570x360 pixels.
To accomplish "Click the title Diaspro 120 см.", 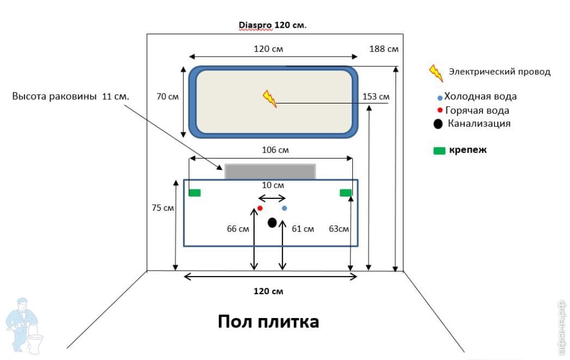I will tap(273, 25).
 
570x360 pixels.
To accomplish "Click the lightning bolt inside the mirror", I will tap(269, 99).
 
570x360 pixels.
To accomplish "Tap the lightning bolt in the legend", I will tap(436, 72).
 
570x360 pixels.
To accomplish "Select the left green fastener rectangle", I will tap(195, 192).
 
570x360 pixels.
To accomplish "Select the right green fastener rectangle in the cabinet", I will tap(346, 192).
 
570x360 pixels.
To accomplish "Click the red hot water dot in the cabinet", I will tap(260, 208).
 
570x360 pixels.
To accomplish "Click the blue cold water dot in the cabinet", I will tap(284, 208).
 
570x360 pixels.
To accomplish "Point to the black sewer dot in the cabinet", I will tap(272, 222).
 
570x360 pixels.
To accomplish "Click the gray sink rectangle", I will tap(270, 172).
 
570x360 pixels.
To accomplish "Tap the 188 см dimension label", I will tap(384, 49).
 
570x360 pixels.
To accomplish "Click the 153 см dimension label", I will tap(376, 97).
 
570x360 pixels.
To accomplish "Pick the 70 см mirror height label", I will tap(168, 97).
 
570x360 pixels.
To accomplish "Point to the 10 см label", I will tap(271, 185).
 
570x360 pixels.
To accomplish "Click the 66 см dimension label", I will tap(238, 229).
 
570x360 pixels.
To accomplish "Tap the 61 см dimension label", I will tap(303, 229).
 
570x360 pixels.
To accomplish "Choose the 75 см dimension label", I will tap(163, 208).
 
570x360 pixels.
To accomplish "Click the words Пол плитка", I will tap(268, 321).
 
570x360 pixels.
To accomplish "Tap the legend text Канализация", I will tap(479, 124).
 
